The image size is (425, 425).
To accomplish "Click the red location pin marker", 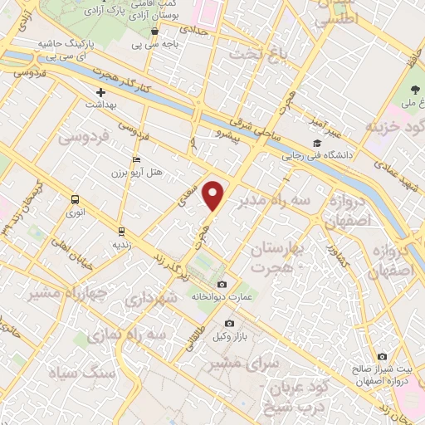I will [x=214, y=195].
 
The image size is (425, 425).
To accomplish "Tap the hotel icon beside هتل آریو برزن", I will [x=137, y=160].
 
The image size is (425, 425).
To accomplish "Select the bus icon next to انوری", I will [x=76, y=199].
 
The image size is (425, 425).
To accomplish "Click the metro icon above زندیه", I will [x=121, y=232].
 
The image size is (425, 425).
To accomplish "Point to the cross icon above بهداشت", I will [x=101, y=92].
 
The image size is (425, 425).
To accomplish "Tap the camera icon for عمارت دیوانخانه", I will [x=221, y=285].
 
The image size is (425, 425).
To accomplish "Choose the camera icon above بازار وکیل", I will [x=229, y=323].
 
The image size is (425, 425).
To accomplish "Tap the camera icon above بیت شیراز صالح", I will [x=381, y=356].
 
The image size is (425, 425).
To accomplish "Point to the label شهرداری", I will [x=150, y=300].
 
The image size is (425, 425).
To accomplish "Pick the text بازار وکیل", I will [x=230, y=335].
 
